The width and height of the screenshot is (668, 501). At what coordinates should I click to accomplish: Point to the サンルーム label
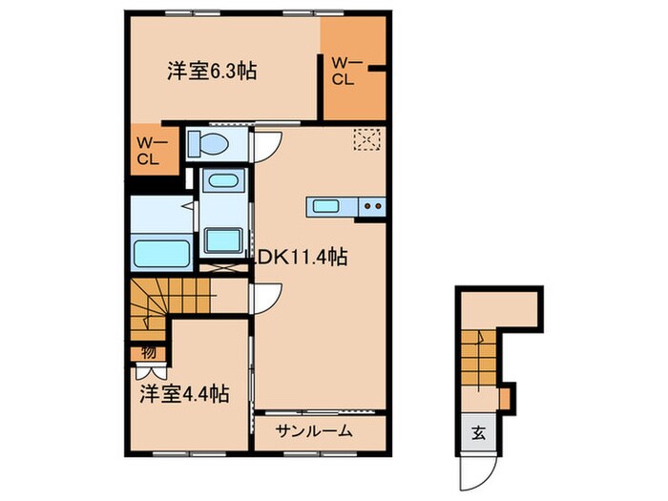pyautogui.click(x=315, y=431)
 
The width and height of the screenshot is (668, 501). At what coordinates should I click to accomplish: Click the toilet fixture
pyautogui.click(x=207, y=144)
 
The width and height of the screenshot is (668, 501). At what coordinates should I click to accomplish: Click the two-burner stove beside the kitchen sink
pyautogui.click(x=372, y=205)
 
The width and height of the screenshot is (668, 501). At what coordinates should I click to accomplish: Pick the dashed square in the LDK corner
pyautogui.click(x=365, y=140)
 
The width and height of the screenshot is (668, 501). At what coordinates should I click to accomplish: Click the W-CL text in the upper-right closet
pyautogui.click(x=344, y=72)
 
